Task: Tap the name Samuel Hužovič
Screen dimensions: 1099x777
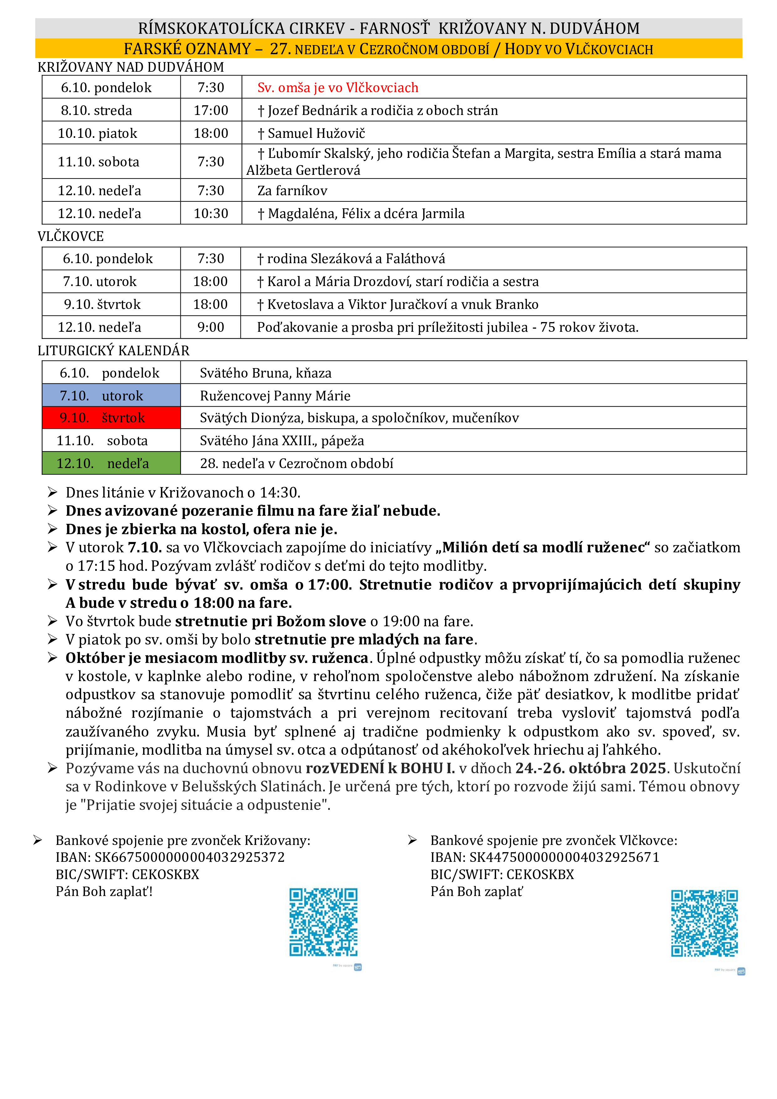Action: coord(316,133)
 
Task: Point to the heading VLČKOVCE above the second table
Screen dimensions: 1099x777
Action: coord(71,237)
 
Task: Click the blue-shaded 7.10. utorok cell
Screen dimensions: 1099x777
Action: coord(111,396)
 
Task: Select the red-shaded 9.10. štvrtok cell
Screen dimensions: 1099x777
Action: coord(111,418)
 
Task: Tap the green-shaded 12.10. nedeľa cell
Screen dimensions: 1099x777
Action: coord(111,463)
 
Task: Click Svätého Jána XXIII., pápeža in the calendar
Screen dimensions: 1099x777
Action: coord(282,441)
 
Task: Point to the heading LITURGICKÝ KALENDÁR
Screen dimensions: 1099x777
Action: coord(113,351)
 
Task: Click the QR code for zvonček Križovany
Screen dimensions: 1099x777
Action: coord(324,922)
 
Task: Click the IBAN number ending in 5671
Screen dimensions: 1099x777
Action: coord(564,857)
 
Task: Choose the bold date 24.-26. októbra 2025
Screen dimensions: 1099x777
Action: coord(590,768)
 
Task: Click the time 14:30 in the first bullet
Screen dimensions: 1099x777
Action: coord(279,492)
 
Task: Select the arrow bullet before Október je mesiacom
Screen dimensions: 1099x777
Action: coord(53,658)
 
